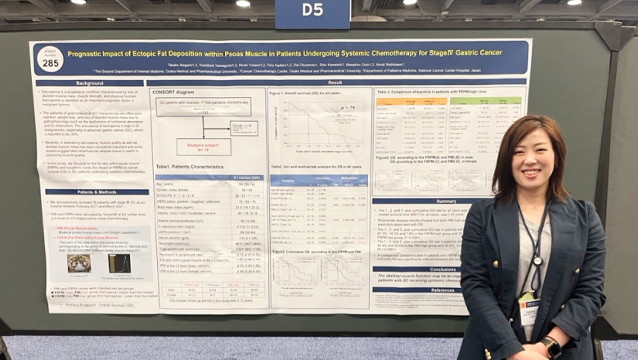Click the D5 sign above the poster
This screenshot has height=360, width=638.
click(x=312, y=10)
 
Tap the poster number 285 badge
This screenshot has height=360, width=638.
click(x=49, y=59)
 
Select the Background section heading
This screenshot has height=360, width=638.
click(x=90, y=83)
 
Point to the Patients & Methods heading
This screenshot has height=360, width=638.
click(x=90, y=191)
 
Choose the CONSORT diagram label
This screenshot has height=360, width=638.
click(x=173, y=92)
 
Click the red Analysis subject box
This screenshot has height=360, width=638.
click(x=204, y=147)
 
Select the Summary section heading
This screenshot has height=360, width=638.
click(x=446, y=201)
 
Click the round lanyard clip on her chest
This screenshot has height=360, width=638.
click(x=537, y=262)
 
